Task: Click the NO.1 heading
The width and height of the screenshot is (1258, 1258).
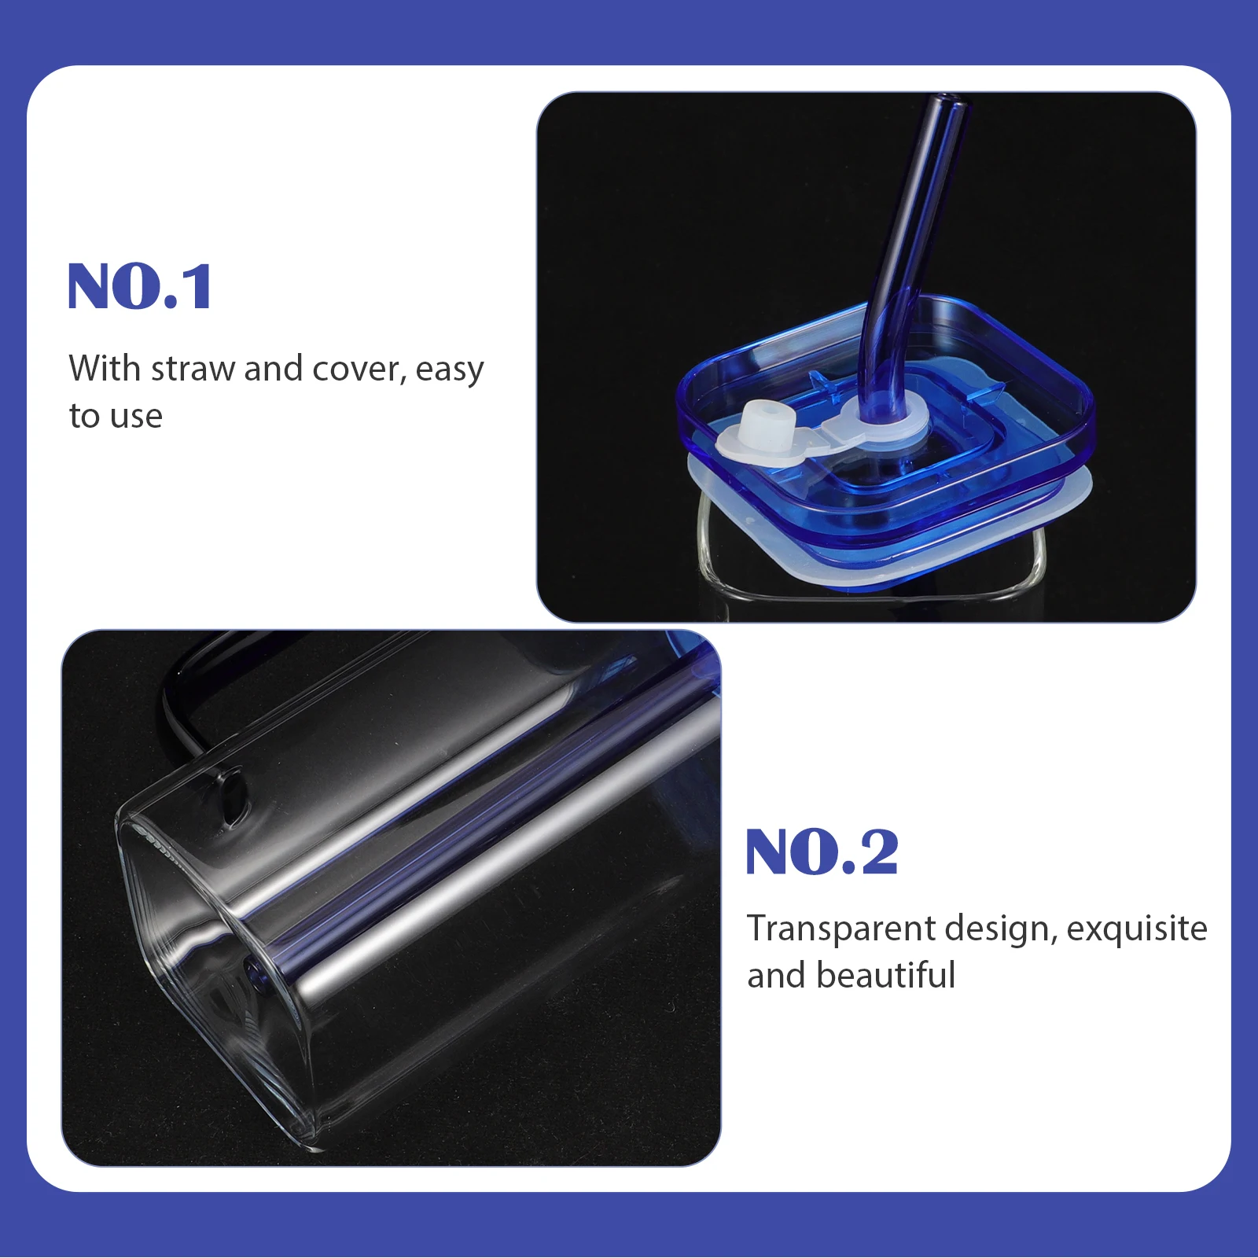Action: tap(140, 287)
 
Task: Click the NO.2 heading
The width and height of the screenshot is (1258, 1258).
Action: tap(822, 852)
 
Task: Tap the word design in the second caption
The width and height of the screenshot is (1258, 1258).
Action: tap(999, 929)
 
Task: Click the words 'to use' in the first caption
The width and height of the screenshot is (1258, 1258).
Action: tap(116, 416)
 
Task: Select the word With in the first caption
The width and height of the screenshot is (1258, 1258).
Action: tap(104, 369)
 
